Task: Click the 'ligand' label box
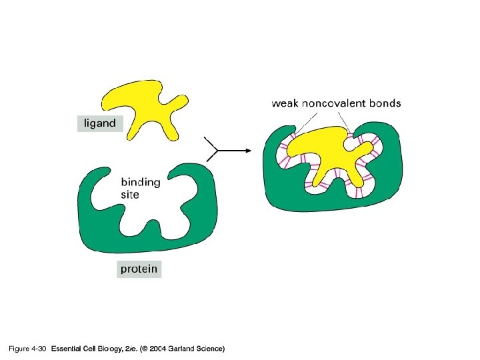(x=99, y=123)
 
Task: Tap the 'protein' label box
(x=139, y=269)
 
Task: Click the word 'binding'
(x=140, y=182)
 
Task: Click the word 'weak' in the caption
(x=286, y=103)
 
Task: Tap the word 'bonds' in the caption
(x=386, y=103)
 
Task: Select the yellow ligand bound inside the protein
(x=327, y=157)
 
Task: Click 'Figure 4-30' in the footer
(x=26, y=349)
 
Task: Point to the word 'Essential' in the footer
(x=67, y=349)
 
